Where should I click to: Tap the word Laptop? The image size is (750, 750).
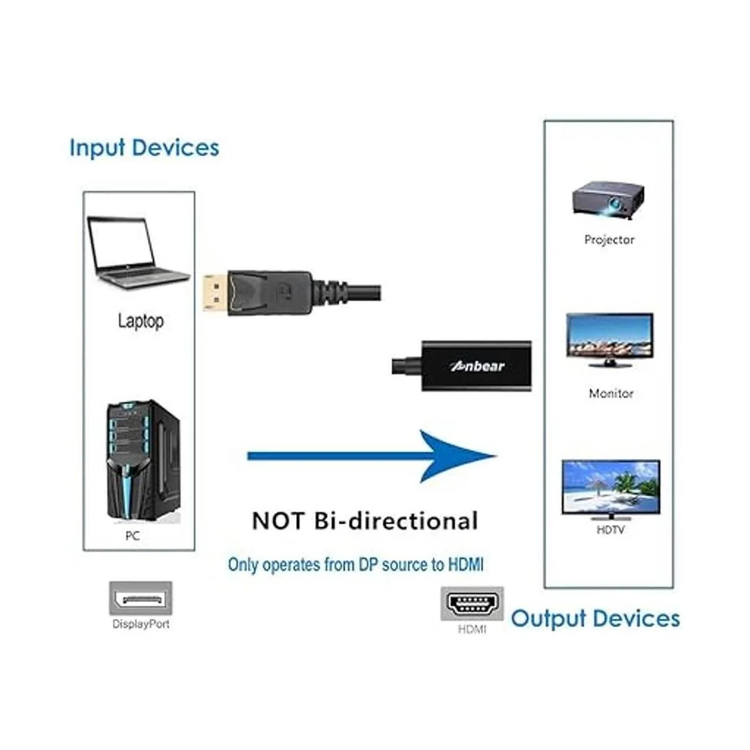pos(141,321)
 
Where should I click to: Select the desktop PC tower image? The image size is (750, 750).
pos(142,461)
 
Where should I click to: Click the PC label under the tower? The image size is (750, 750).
pos(132,536)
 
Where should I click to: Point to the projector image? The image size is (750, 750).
pos(608,200)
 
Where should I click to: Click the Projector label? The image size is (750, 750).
pos(609,239)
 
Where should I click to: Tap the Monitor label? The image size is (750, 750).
pos(611,393)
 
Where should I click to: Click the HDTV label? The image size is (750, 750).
pos(610,530)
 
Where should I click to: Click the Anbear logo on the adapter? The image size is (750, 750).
pos(477,366)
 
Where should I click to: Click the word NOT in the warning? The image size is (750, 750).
pos(278,521)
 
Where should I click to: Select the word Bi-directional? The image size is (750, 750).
pos(396,521)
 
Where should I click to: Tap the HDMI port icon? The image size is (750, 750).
pos(472,604)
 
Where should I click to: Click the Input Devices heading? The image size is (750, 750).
pos(144,147)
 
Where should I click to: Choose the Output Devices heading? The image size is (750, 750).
pos(595,618)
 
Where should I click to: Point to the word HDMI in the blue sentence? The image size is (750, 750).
pos(466,564)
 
